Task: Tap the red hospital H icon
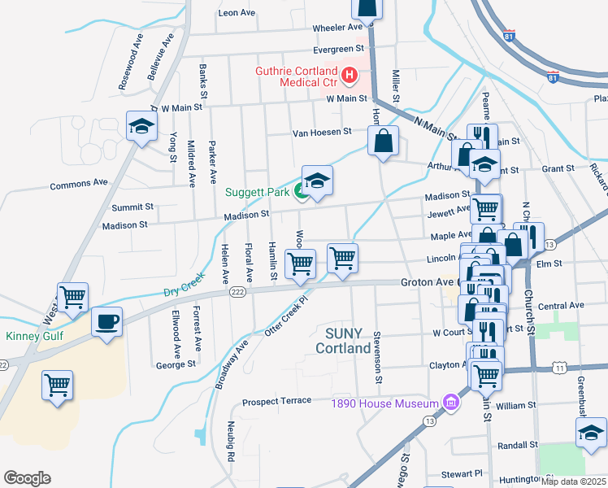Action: [x=350, y=76]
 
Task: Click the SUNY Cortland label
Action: [x=350, y=340]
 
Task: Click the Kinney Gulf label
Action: [x=33, y=336]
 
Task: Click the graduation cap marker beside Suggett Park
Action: [x=318, y=181]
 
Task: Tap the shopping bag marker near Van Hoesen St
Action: [x=384, y=140]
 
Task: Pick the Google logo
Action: [x=27, y=478]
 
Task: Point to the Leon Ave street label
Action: [x=237, y=13]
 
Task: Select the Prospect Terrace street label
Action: [x=276, y=402]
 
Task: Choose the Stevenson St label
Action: [x=378, y=356]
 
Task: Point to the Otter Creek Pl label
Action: [x=289, y=315]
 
